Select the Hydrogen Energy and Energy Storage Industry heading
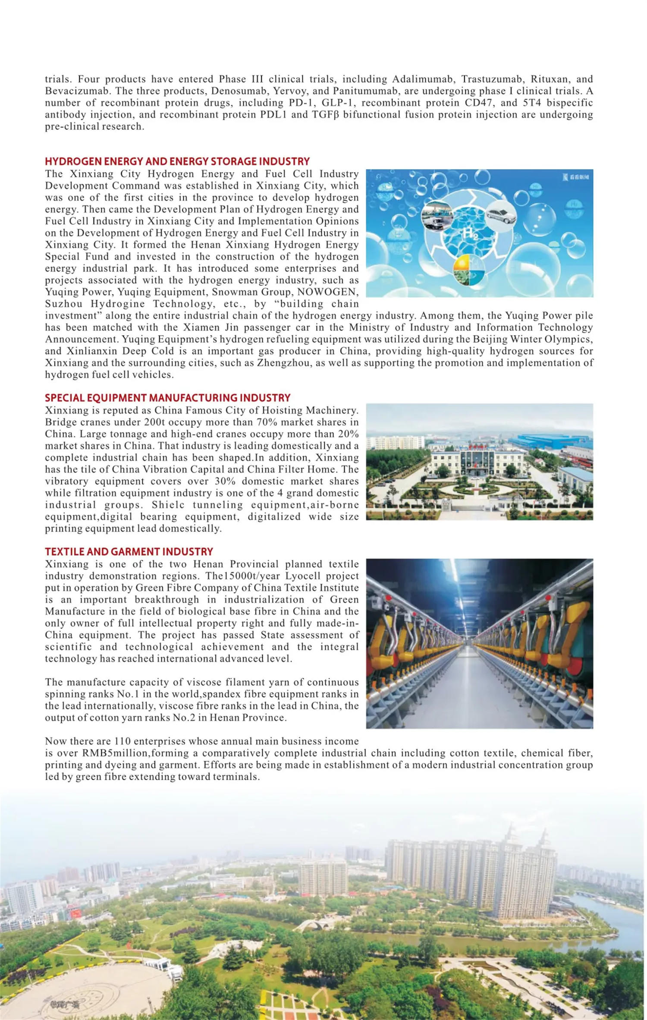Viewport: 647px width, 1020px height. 177,161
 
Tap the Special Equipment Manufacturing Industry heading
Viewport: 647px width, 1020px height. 167,397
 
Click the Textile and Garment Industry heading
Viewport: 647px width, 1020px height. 129,551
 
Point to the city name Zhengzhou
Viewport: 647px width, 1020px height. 283,363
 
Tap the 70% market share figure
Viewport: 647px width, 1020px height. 267,422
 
